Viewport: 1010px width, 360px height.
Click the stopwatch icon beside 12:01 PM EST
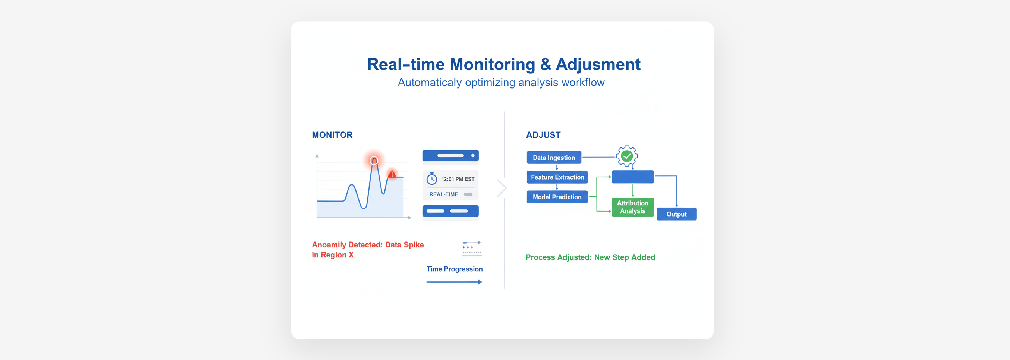tap(432, 179)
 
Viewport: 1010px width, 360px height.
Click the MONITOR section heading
tap(332, 135)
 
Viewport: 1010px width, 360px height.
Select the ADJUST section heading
tap(543, 135)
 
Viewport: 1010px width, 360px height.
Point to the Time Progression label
tap(454, 269)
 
